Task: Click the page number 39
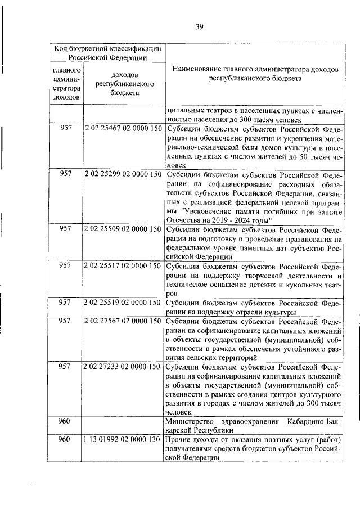(x=199, y=26)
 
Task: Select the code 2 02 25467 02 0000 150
(x=123, y=128)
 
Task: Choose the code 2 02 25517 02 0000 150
(x=123, y=266)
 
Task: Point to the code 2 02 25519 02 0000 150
(x=123, y=303)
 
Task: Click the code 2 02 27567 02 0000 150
(x=123, y=321)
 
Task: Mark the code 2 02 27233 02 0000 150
(x=123, y=367)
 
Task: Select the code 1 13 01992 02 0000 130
(x=123, y=439)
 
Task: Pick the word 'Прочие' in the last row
(x=179, y=439)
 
